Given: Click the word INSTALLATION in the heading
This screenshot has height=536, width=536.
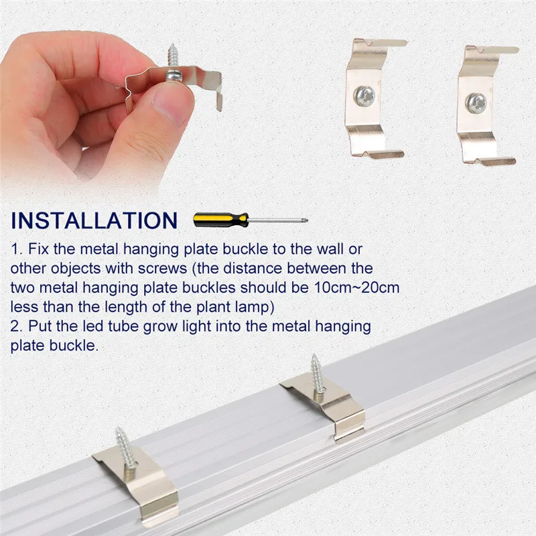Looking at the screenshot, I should pyautogui.click(x=94, y=220).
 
